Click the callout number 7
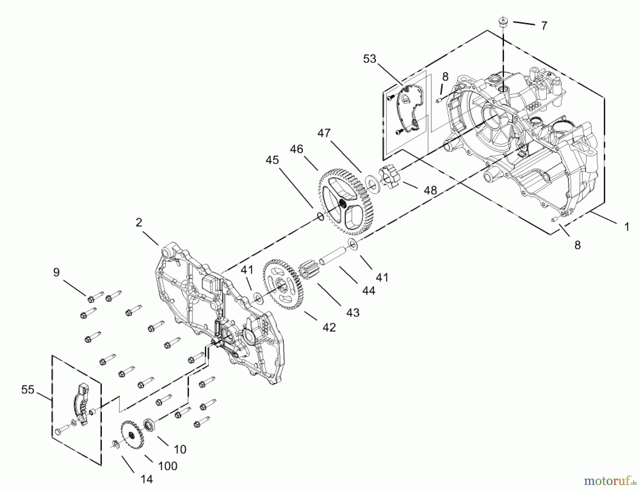click(544, 26)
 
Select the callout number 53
click(370, 59)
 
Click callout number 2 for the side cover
click(139, 222)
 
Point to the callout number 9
click(56, 272)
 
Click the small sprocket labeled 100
click(132, 435)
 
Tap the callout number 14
click(146, 479)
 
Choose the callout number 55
click(28, 390)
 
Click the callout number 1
click(627, 227)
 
